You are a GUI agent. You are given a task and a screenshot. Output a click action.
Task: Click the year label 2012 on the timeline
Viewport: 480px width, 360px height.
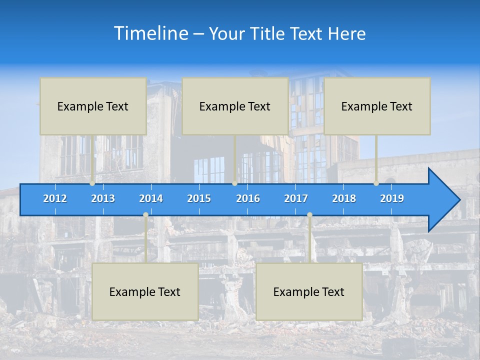pos(55,198)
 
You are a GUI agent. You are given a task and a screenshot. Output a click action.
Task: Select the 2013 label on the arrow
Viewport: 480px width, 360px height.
pos(103,198)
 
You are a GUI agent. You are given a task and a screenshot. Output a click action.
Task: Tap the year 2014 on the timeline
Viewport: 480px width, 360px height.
pos(151,198)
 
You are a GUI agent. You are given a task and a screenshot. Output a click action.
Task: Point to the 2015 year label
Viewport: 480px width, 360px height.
pos(199,198)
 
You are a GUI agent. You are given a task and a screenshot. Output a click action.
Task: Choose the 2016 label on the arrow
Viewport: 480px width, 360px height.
pos(248,198)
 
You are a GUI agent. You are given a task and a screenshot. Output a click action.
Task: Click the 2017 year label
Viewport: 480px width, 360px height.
pos(296,198)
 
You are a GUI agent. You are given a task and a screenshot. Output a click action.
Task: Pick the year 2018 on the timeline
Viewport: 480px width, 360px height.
pos(344,198)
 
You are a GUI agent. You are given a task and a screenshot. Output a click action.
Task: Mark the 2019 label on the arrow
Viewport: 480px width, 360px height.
pos(392,198)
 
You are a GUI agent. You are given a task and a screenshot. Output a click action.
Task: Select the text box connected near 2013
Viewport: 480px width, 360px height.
pos(93,106)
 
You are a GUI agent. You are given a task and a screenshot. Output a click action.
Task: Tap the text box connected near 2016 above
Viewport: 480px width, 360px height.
pos(235,106)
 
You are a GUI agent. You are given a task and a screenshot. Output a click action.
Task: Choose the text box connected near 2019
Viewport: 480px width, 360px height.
pos(377,106)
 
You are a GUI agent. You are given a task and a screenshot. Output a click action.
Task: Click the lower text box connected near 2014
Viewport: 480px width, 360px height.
pos(145,292)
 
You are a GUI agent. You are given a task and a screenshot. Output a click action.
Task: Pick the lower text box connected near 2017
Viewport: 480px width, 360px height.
pos(309,292)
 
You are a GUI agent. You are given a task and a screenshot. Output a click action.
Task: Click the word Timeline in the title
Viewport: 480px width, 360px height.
pos(150,33)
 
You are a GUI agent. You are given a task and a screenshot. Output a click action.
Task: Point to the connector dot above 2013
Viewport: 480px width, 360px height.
pos(92,183)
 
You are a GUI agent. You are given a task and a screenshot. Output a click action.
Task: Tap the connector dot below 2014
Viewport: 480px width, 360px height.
pos(145,215)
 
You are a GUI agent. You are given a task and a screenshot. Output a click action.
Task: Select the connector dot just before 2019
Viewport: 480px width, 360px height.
pos(376,183)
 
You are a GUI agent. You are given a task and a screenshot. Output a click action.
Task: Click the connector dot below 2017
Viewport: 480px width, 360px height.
pos(309,215)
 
